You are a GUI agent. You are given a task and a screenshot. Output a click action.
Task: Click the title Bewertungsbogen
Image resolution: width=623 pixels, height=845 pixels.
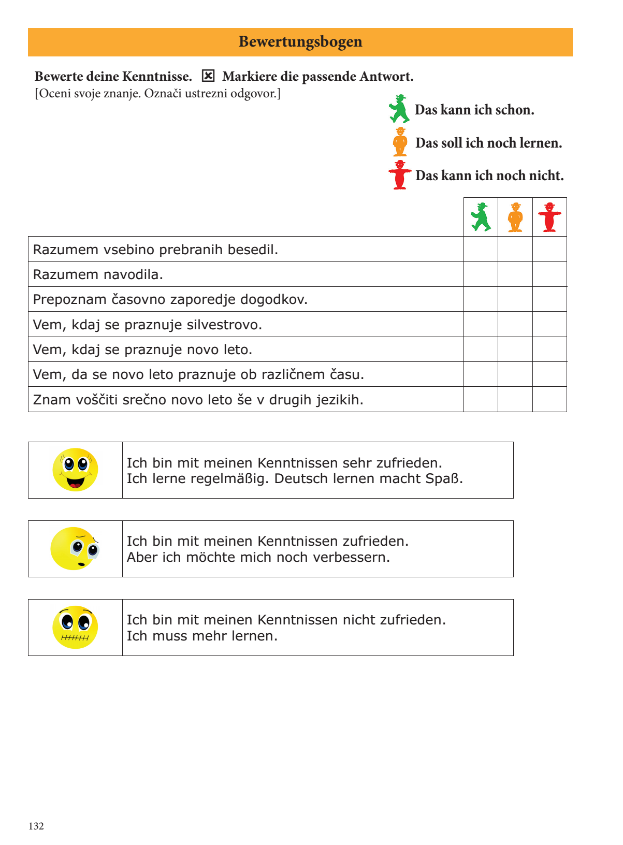(300, 42)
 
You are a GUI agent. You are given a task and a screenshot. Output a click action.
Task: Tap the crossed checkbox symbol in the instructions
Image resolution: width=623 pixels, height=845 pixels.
(208, 76)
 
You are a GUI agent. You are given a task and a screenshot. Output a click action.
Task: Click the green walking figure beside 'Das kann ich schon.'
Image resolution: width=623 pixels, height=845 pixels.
(399, 109)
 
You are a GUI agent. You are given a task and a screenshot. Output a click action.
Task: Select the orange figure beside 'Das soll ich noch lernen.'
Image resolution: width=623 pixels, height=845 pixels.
(400, 142)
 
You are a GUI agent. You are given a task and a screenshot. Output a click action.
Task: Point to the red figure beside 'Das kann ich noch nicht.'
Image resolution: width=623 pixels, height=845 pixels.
(400, 175)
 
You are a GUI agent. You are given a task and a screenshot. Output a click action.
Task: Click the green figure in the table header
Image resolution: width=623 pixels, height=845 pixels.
(481, 217)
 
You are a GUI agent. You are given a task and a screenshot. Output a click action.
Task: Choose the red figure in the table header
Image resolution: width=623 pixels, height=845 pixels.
(549, 217)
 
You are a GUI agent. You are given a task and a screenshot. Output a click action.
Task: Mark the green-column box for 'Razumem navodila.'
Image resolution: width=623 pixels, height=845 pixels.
(481, 274)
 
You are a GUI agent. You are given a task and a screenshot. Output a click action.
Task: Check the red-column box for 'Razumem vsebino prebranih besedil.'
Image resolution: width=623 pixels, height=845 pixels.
(549, 249)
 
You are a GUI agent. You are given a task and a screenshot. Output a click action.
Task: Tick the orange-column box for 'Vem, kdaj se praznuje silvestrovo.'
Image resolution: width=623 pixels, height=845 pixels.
(515, 324)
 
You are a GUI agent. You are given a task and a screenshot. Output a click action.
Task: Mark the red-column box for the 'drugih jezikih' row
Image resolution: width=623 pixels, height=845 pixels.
(549, 399)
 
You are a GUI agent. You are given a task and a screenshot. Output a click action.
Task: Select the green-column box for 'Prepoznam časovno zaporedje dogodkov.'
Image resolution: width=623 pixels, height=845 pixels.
(481, 299)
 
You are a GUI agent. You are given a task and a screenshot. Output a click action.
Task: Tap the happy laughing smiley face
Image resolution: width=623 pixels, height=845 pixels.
(75, 470)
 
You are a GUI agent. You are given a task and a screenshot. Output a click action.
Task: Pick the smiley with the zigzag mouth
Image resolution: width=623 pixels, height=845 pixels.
(75, 627)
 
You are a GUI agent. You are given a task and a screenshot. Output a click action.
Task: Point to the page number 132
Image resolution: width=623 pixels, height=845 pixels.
(36, 826)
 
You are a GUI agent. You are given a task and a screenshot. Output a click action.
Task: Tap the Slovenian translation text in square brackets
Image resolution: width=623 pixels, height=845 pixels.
(157, 94)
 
